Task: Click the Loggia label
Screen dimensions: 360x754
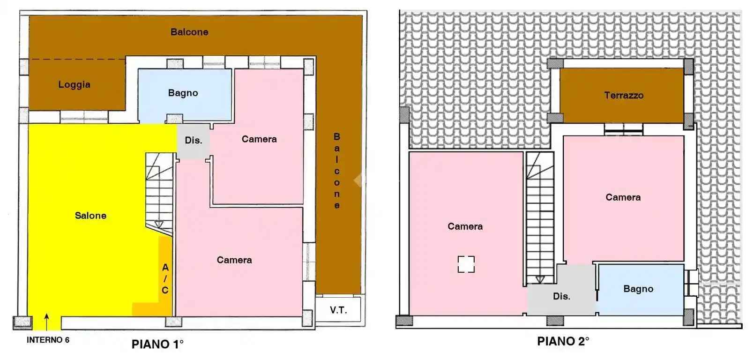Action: [x=74, y=85]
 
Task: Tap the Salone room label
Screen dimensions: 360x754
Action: [x=90, y=216]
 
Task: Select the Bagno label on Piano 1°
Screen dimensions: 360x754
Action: [x=183, y=93]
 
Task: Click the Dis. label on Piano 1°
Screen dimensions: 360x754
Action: [x=193, y=140]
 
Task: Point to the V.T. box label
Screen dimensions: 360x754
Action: [x=338, y=310]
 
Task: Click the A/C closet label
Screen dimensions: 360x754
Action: [x=165, y=279]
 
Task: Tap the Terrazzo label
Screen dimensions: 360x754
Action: [x=623, y=96]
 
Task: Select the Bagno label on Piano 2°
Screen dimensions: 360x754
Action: [x=638, y=289]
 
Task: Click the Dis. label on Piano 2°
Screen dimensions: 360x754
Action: [x=561, y=296]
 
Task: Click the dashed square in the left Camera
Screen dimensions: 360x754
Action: [x=466, y=264]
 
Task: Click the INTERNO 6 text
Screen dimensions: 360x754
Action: [x=48, y=340]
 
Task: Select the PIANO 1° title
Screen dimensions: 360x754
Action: [x=157, y=345]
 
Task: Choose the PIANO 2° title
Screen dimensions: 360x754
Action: [x=563, y=341]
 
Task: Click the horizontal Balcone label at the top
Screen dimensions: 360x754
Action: [x=189, y=32]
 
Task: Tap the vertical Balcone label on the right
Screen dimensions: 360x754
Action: [x=336, y=171]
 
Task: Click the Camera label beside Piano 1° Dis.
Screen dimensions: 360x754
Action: [x=259, y=139]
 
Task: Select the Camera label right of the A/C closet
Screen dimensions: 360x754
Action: [x=234, y=260]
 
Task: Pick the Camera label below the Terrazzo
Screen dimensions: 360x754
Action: [x=623, y=197]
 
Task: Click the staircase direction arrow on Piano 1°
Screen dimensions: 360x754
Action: [x=159, y=224]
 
